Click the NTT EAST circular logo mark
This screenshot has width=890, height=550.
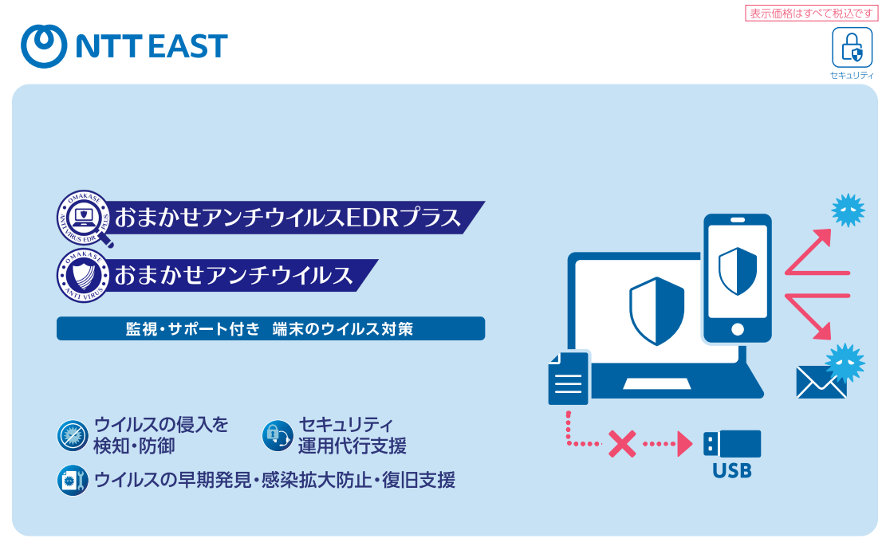click(43, 45)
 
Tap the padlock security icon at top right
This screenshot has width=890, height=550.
click(852, 48)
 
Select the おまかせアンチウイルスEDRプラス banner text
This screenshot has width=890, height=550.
click(287, 217)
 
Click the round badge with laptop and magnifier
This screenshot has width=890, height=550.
click(83, 217)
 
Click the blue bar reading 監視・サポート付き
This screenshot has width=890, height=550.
click(270, 328)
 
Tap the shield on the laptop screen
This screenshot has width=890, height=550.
click(656, 311)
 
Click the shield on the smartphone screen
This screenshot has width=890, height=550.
click(737, 270)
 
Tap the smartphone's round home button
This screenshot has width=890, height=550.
click(737, 329)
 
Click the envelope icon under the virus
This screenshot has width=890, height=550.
click(821, 383)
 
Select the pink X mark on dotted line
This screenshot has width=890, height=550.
click(621, 444)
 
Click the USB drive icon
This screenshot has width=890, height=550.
click(732, 444)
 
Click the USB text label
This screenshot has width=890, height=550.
click(731, 471)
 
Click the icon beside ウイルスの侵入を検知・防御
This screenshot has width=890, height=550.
click(73, 435)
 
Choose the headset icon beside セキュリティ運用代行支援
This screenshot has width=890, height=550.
click(277, 435)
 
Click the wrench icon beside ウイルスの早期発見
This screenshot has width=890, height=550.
click(73, 481)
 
